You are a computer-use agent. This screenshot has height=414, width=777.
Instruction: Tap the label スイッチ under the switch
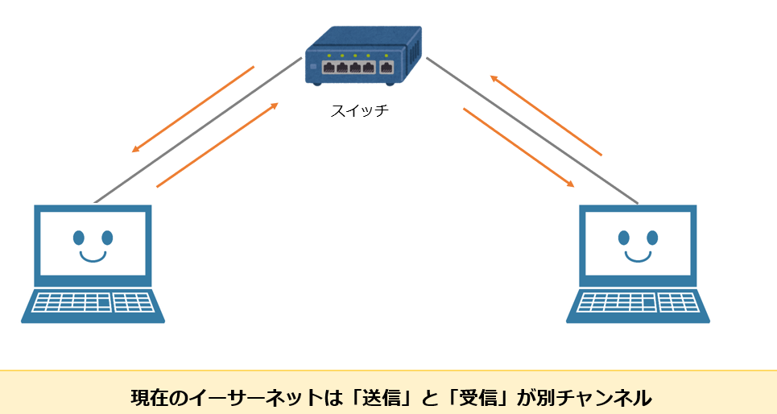point(359,110)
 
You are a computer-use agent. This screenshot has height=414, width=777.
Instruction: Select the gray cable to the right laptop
point(531,130)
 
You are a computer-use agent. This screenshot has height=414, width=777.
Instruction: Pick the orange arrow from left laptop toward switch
point(217,145)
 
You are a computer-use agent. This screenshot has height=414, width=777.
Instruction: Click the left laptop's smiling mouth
point(93,257)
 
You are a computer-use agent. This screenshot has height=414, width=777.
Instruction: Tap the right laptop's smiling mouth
point(639,257)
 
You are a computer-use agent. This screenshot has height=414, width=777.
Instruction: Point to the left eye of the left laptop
point(78,238)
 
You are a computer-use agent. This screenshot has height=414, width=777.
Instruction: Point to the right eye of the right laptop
point(652,238)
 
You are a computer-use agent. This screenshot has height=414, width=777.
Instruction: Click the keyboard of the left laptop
point(93,302)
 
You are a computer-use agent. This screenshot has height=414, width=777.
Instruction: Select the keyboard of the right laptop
point(639,302)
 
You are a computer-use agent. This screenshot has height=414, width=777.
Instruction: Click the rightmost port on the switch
point(388,68)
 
